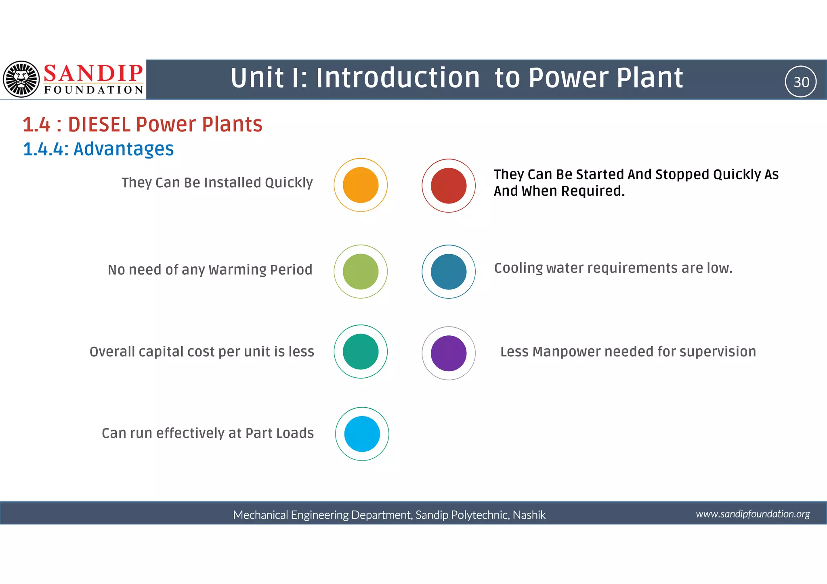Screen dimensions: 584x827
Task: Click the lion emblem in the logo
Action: [x=21, y=79]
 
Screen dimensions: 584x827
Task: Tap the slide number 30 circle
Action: [x=801, y=82]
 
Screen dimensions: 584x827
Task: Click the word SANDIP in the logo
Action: [x=93, y=73]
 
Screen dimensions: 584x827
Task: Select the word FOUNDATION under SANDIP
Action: [x=94, y=90]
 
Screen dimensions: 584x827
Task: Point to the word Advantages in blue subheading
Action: [x=124, y=149]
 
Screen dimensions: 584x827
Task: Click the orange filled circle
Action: [x=361, y=185]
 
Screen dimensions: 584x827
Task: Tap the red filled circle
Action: [x=449, y=186]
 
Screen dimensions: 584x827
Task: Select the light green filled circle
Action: [x=361, y=272]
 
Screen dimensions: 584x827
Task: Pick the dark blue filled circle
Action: [x=449, y=272]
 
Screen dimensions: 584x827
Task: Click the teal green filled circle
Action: [x=361, y=352]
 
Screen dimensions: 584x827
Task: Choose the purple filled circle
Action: [x=449, y=353]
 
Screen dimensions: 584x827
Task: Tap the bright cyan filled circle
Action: [x=362, y=434]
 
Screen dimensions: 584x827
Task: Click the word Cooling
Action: [x=518, y=268]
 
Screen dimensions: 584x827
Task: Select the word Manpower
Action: [x=567, y=352]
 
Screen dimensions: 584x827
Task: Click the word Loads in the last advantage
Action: [x=298, y=433]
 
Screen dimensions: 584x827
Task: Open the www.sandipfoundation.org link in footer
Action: [x=753, y=514]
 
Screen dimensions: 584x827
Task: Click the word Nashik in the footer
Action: [x=529, y=515]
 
